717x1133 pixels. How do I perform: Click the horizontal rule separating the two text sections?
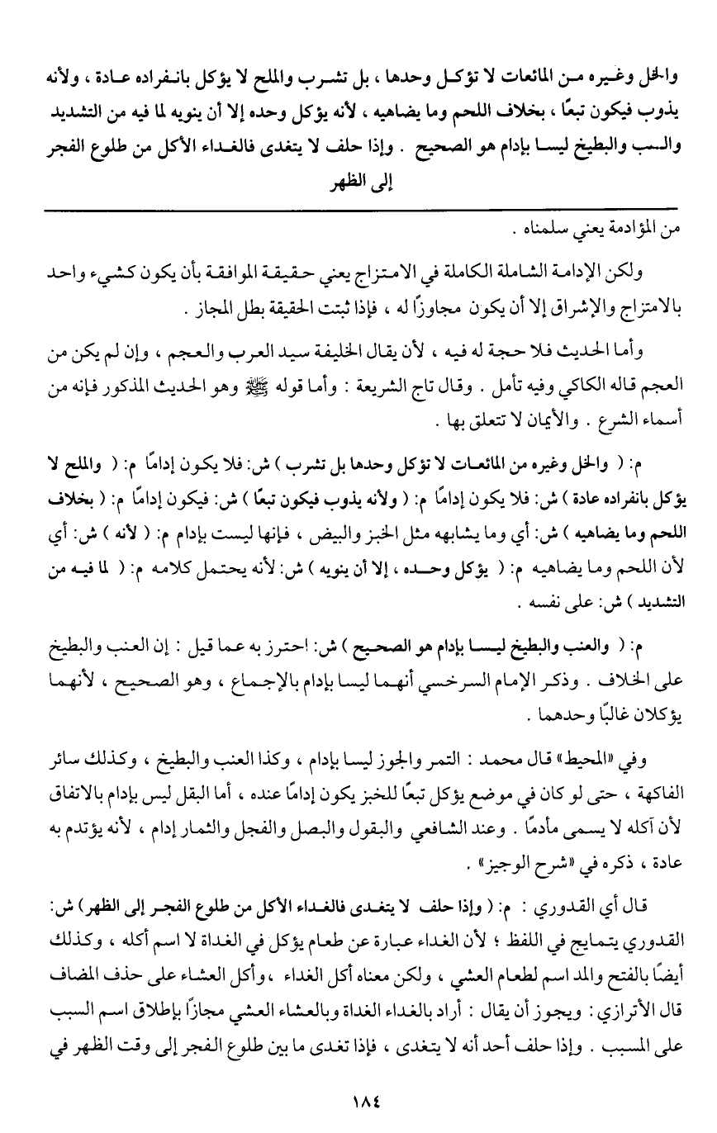point(358,213)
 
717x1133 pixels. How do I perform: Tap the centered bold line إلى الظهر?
point(359,184)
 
